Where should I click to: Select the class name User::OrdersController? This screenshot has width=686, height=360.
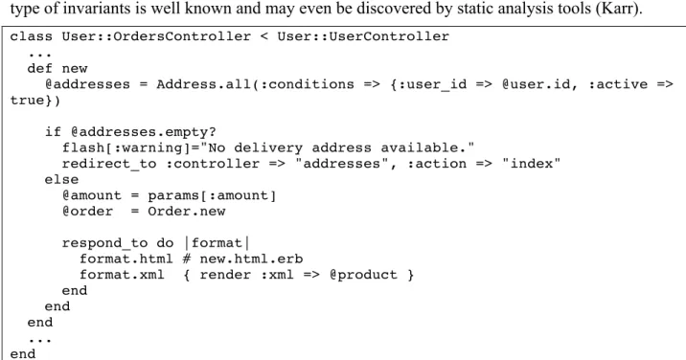(x=156, y=36)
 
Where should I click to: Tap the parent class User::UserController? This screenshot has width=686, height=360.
(x=363, y=36)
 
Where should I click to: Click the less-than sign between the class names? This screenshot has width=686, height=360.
(x=264, y=36)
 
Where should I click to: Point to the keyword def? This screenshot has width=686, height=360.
(x=40, y=68)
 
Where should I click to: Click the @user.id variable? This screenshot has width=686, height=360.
(x=536, y=84)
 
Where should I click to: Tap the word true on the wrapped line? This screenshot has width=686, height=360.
(x=27, y=101)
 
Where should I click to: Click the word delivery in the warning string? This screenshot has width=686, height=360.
(x=268, y=147)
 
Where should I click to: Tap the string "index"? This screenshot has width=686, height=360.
(x=532, y=164)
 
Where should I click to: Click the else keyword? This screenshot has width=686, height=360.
(x=61, y=179)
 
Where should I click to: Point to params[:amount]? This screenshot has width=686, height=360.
(x=212, y=195)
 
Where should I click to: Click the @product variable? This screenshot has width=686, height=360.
(x=363, y=275)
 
